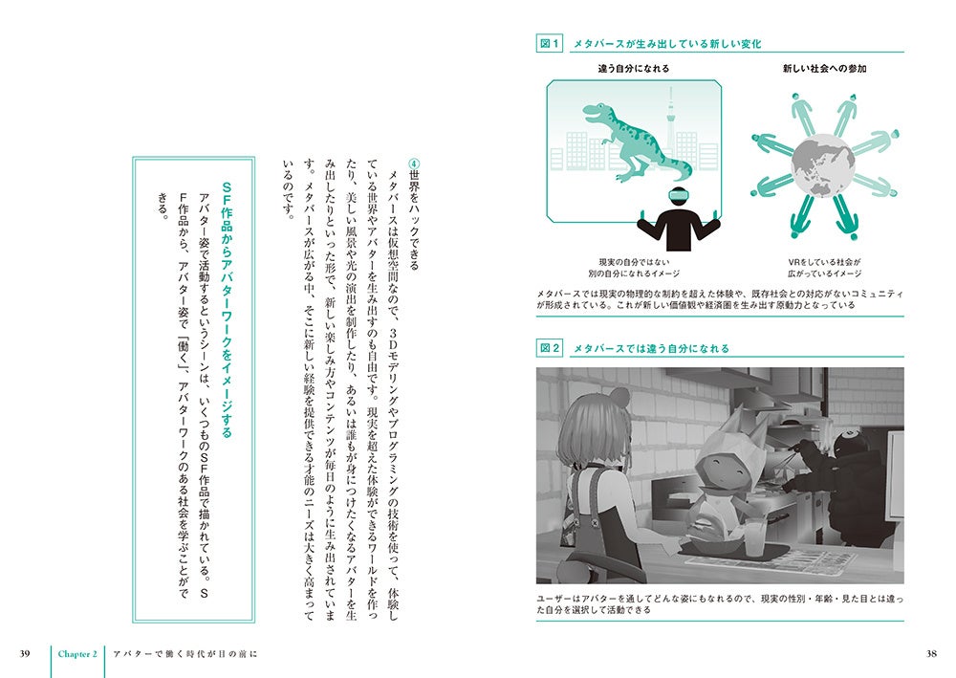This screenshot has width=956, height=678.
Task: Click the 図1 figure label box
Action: [550, 44]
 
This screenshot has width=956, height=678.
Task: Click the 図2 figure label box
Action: [550, 349]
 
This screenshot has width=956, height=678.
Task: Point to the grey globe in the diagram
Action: [823, 165]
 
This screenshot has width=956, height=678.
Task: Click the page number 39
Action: [25, 653]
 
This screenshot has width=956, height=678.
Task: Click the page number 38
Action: [931, 653]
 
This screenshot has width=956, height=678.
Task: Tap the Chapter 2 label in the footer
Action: [77, 654]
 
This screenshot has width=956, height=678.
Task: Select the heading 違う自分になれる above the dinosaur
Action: [634, 68]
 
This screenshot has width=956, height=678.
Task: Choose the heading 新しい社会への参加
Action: [824, 68]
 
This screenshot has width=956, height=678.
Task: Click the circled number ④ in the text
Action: [414, 164]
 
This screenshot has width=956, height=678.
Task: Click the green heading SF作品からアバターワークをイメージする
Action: [227, 310]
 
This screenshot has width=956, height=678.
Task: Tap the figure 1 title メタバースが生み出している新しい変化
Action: [667, 44]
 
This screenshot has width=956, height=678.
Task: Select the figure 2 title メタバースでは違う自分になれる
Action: [651, 349]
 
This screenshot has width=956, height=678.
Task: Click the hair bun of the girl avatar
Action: [619, 397]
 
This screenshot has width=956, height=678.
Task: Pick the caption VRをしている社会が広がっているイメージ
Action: [824, 268]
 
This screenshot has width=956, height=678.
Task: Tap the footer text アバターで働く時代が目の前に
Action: [185, 654]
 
